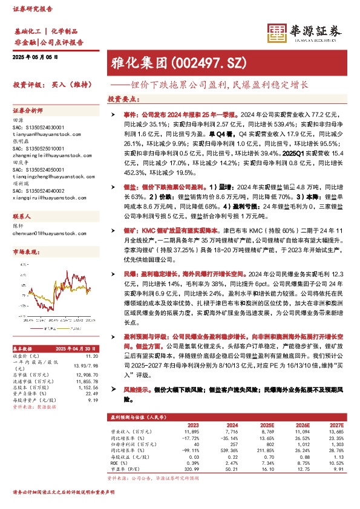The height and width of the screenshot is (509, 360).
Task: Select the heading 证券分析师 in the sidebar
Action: (28, 111)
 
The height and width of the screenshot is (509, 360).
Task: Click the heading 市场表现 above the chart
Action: (28, 251)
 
